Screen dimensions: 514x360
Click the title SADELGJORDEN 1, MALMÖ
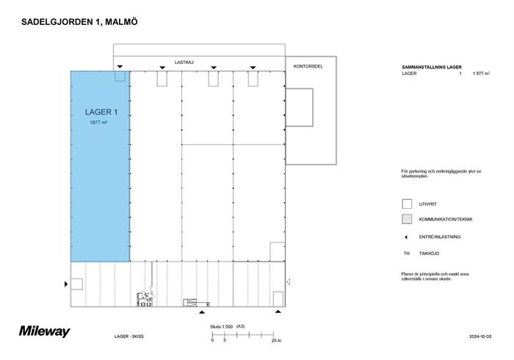coord(79,22)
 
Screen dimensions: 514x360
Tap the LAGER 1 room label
coord(101,112)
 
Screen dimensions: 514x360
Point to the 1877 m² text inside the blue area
coord(98,123)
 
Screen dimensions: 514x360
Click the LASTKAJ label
coord(184,62)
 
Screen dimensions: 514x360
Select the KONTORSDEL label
coord(308,66)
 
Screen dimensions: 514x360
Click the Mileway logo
coord(45,331)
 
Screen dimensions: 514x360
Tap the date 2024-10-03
coord(480,336)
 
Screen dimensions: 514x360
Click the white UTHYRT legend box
coord(407,204)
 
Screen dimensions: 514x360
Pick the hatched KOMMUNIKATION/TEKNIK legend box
coord(407,219)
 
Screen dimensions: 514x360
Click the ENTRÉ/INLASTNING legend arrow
coord(406,237)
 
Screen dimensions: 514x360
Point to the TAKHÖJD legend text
coord(429,253)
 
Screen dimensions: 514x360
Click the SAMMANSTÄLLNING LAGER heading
coord(432,67)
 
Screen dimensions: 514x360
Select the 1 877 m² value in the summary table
coord(481,73)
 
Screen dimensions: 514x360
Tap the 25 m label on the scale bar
coord(276,341)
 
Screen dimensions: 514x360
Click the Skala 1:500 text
coord(222,327)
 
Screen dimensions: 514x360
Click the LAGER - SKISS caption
coord(129,336)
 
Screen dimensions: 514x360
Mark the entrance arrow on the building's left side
coord(66,284)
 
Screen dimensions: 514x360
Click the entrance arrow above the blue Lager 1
coord(120,67)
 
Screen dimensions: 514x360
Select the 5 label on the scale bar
coord(225,340)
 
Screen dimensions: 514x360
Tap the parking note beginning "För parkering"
coord(441,174)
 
